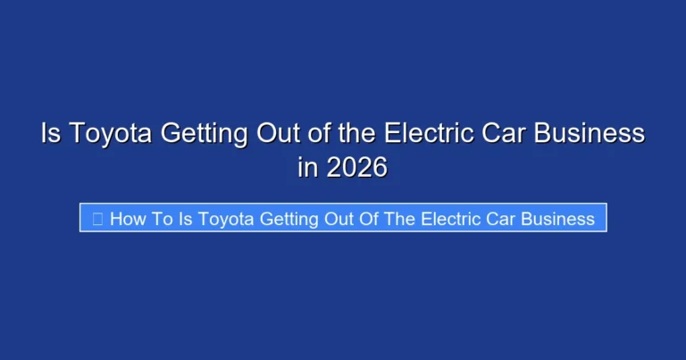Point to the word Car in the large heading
pos(506,134)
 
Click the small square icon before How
pos(97,219)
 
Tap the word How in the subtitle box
pos(130,219)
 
